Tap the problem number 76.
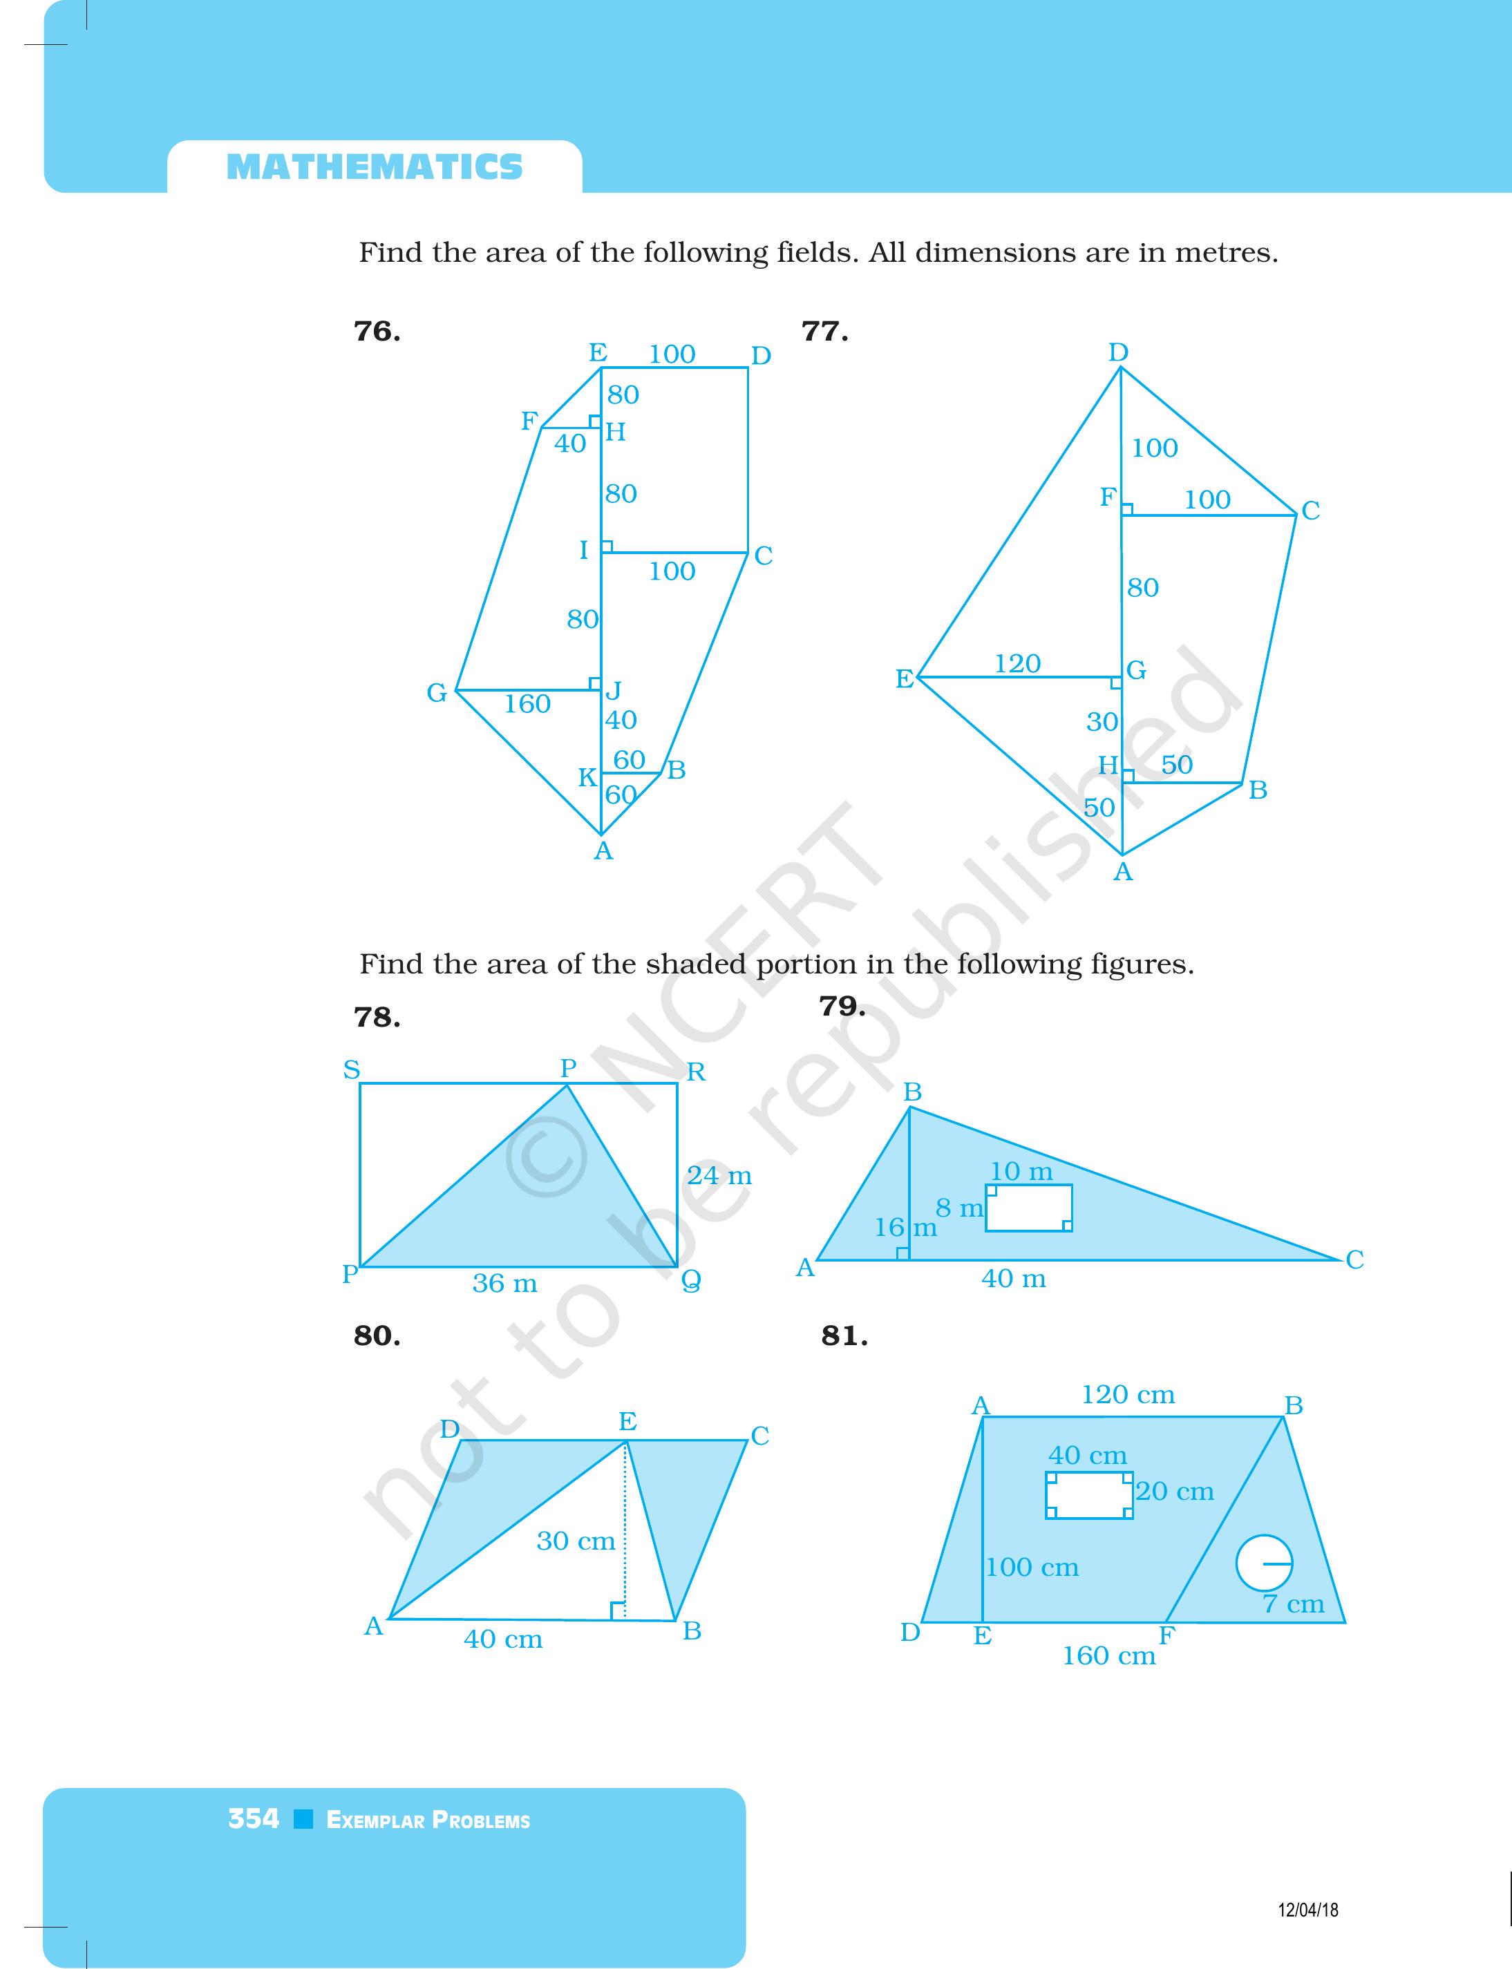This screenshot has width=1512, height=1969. (376, 332)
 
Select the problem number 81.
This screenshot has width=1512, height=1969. (843, 1336)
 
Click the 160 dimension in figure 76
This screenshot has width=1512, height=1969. (527, 704)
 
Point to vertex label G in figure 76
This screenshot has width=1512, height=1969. (437, 693)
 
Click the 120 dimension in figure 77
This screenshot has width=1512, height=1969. (1017, 663)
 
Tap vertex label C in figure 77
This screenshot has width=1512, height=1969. (1310, 511)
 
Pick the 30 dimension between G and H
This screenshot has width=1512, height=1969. (1102, 722)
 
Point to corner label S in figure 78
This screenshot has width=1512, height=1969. (351, 1070)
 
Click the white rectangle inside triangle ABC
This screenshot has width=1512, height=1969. (1029, 1208)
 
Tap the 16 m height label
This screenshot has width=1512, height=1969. (905, 1228)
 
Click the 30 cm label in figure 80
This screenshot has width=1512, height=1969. (575, 1541)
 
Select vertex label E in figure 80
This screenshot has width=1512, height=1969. (627, 1422)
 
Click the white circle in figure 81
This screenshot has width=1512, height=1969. (1264, 1564)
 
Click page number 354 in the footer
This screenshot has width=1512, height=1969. (253, 1820)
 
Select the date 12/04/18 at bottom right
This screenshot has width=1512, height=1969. (1307, 1910)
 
